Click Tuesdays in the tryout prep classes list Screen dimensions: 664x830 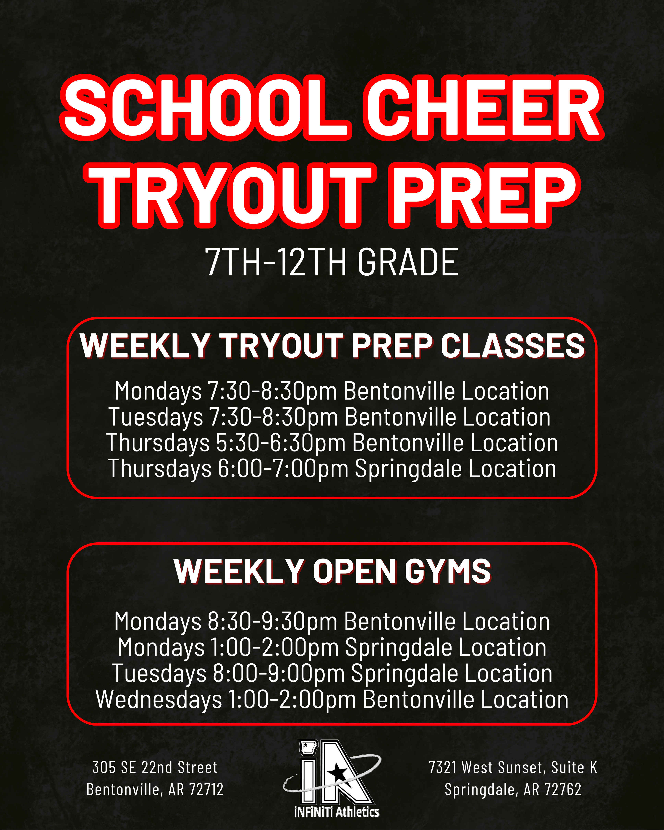pyautogui.click(x=156, y=417)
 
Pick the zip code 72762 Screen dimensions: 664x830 pyautogui.click(x=564, y=790)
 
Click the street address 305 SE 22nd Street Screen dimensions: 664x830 pyautogui.click(x=155, y=767)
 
